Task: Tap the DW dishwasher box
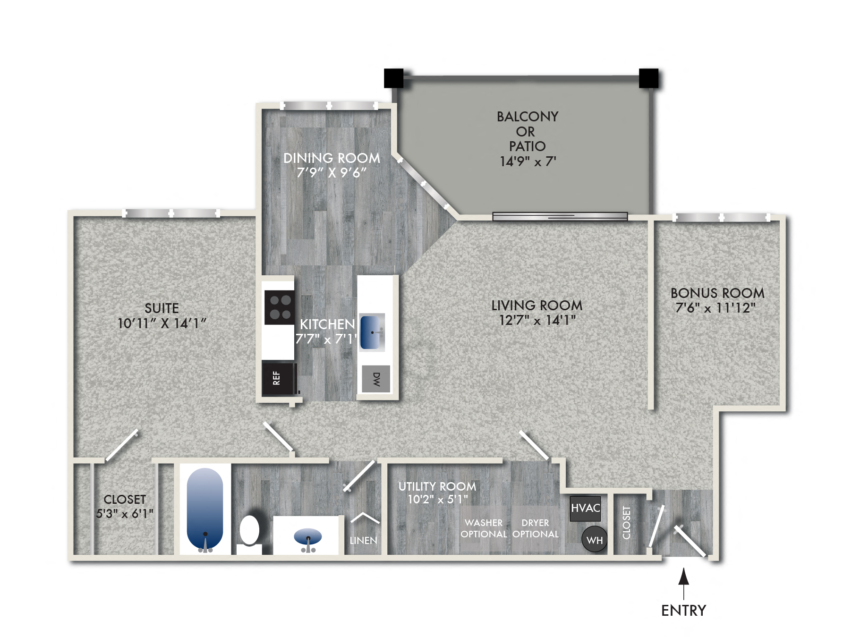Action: coord(376,379)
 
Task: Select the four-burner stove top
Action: coord(280,307)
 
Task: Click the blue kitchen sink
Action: coord(372,332)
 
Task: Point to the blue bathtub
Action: coord(204,508)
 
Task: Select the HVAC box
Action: coord(585,508)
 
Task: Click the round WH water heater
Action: coord(594,539)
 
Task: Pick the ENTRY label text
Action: coord(683,611)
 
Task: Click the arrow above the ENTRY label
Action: coord(683,583)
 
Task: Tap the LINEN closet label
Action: coord(363,540)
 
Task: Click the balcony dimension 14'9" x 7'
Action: coord(528,161)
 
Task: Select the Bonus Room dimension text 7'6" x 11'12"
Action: coord(715,308)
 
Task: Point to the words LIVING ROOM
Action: coord(536,305)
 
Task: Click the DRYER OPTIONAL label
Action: coord(535,528)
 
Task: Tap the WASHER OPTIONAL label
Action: coord(484,528)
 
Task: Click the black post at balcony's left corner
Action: coord(393,78)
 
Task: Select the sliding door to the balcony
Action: coord(560,216)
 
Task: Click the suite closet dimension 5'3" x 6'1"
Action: coord(125,514)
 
